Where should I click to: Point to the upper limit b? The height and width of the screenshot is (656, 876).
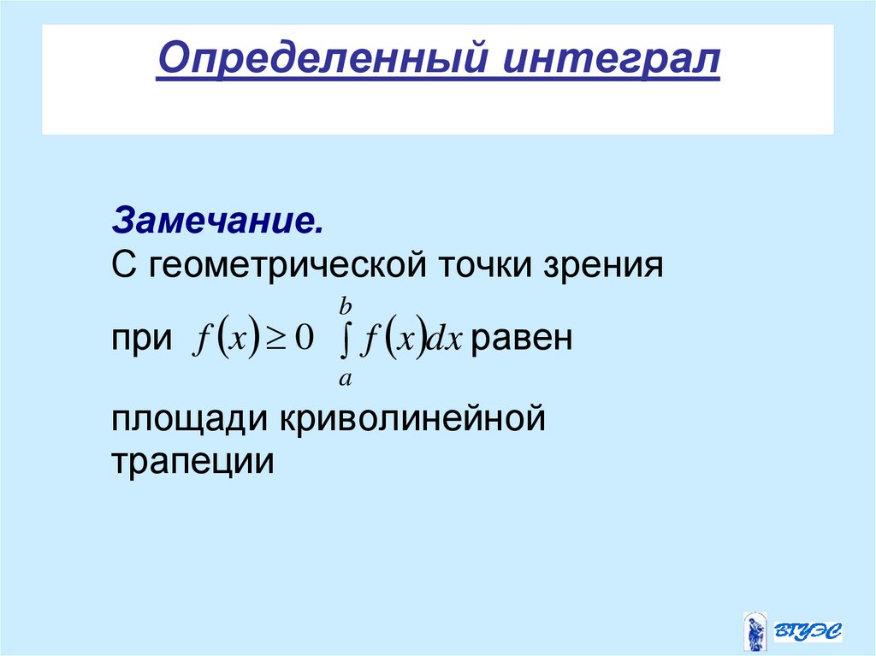click(x=345, y=304)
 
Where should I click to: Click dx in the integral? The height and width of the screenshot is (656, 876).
click(x=445, y=340)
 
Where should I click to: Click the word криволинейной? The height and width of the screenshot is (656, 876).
click(x=410, y=420)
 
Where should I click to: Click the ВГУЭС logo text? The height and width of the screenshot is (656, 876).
click(x=808, y=632)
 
